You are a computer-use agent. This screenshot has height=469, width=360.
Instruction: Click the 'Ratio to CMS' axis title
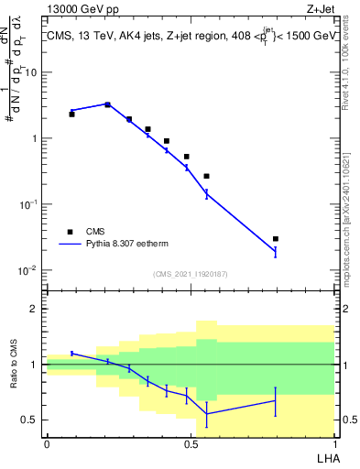[x=14, y=364]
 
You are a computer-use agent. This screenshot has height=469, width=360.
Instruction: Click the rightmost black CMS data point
[x=275, y=239]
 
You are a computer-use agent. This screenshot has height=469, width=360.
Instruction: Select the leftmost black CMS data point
[x=71, y=115]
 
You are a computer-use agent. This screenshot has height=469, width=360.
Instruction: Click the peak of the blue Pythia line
[x=107, y=104]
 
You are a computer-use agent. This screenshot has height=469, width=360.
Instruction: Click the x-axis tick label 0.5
[x=191, y=443]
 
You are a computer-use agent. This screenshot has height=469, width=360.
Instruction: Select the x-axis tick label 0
[x=47, y=443]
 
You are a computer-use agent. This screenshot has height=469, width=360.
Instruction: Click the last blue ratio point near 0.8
[x=275, y=400]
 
